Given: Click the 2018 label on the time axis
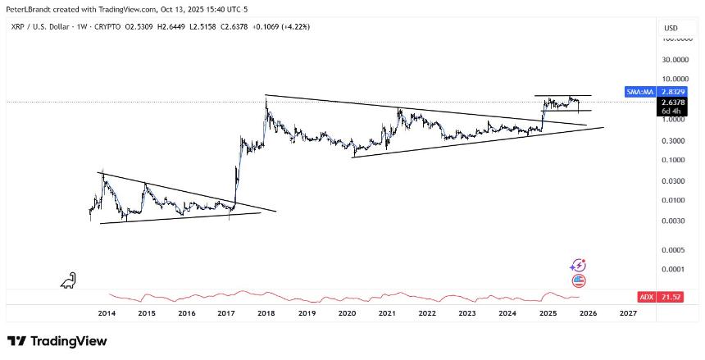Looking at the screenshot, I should click(266, 312).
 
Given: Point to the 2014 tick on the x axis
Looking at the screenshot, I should click(106, 312).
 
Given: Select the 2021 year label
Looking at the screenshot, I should click(387, 312).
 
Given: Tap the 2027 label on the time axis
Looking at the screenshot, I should click(628, 312).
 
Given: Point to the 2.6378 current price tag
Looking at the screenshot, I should click(669, 103).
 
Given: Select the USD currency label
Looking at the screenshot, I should click(670, 28).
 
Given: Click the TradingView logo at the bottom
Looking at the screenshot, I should click(57, 340).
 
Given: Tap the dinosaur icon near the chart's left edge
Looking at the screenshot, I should click(68, 280).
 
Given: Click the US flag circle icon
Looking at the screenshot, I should click(579, 280).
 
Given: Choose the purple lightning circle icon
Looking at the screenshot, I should click(579, 265).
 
